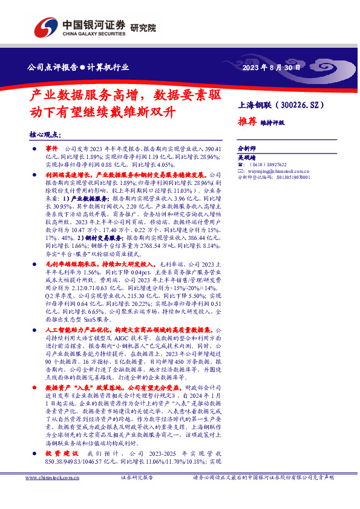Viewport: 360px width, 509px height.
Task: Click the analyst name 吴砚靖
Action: click(246, 156)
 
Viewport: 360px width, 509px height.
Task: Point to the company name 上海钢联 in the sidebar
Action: click(255, 105)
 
